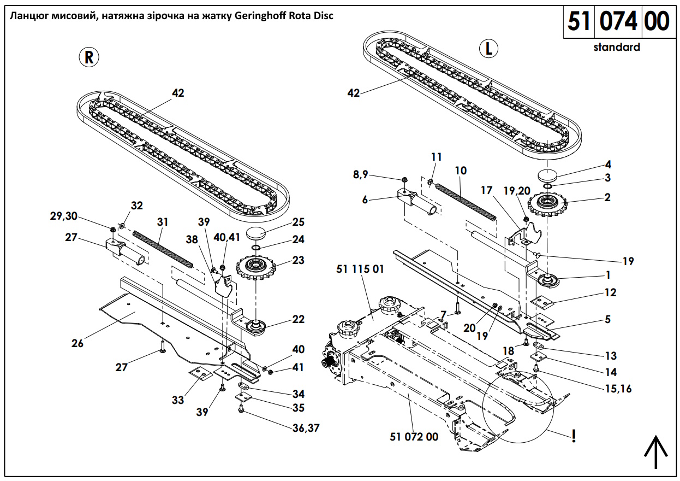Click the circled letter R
[x=88, y=57]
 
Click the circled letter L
[x=488, y=48]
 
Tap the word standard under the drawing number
[x=617, y=47]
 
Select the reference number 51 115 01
[x=360, y=269]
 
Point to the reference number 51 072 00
[x=414, y=437]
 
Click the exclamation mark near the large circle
[x=574, y=436]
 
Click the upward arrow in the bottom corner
[x=656, y=452]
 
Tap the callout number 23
[x=298, y=260]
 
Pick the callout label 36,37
[x=306, y=428]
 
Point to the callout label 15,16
[x=618, y=389]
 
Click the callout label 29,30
[x=64, y=216]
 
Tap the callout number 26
[x=77, y=343]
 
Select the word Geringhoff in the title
[x=260, y=16]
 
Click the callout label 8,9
[x=360, y=174]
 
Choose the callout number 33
[x=178, y=400]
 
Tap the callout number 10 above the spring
[x=461, y=171]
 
